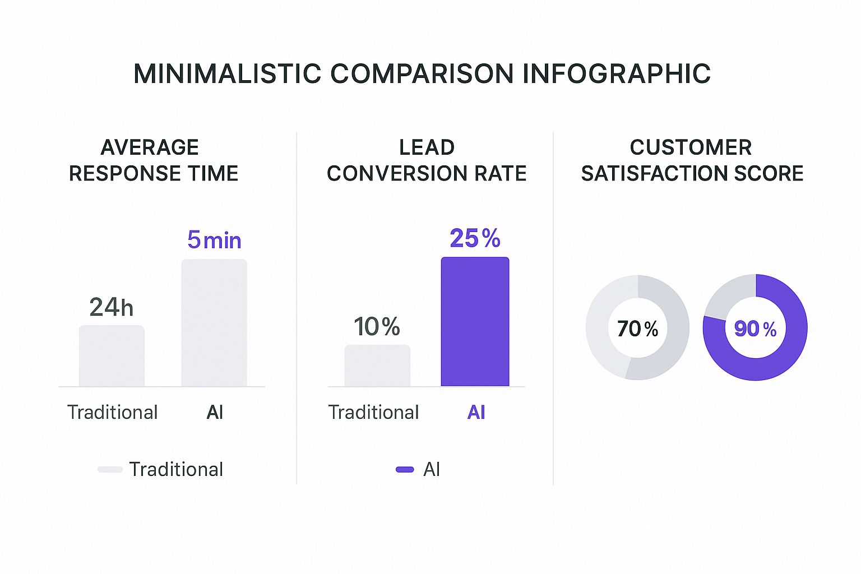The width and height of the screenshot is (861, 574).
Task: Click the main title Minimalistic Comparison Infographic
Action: [422, 74]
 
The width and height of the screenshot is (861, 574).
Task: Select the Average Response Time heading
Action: [153, 160]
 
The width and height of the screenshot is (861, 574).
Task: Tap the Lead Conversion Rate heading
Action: [427, 160]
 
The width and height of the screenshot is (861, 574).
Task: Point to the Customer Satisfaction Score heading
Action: [692, 160]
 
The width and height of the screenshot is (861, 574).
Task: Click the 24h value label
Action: [112, 307]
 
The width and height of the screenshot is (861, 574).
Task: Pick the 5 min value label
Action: [214, 240]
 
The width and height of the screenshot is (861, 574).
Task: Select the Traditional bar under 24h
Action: [112, 356]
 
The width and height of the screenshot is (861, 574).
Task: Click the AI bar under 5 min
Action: [214, 323]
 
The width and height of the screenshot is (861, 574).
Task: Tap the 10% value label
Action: [377, 327]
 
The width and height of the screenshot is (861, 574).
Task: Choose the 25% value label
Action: [475, 239]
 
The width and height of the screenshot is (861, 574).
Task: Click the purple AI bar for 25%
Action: [475, 322]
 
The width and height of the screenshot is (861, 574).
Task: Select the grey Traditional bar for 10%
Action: [377, 365]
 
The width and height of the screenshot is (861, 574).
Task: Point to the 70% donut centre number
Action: [637, 328]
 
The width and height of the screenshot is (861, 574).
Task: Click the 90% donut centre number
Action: [755, 328]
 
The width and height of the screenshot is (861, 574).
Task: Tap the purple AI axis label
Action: [476, 413]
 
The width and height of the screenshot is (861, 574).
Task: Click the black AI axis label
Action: [215, 413]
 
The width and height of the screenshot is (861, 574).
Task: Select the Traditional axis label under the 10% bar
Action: [373, 413]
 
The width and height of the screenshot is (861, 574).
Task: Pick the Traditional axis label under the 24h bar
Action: [112, 413]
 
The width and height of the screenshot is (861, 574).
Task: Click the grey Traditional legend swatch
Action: [110, 469]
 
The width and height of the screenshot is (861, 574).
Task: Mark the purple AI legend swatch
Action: [405, 469]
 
